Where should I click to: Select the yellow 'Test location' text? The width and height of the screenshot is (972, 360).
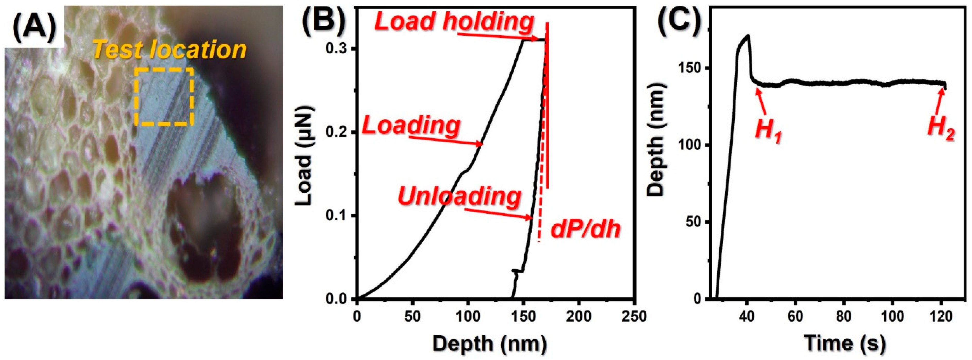click(x=170, y=50)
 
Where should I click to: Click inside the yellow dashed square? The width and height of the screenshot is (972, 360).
click(x=164, y=97)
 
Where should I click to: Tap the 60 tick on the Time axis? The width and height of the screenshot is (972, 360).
click(x=795, y=316)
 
